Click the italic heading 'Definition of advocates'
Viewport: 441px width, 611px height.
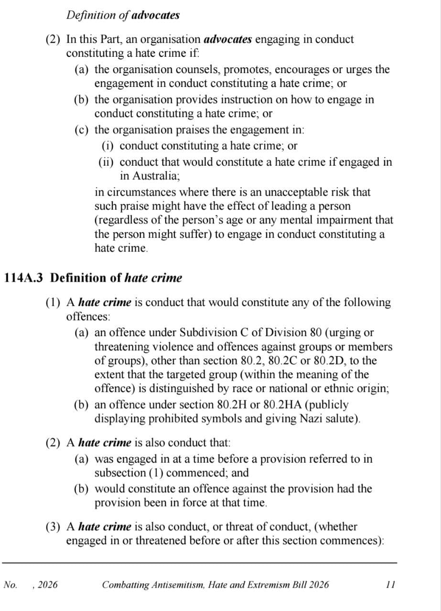pyautogui.click(x=123, y=15)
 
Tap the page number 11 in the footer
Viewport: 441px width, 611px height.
pyautogui.click(x=390, y=585)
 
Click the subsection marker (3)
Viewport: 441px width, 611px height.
pyautogui.click(x=53, y=527)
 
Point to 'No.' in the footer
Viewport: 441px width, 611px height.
pyautogui.click(x=10, y=585)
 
